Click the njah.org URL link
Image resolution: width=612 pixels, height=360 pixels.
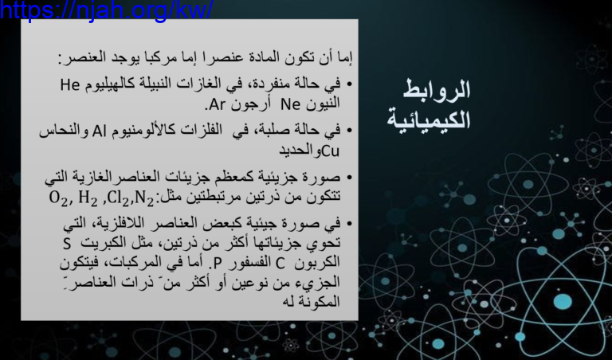click(x=106, y=10)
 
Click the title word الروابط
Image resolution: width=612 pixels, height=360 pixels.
click(x=437, y=90)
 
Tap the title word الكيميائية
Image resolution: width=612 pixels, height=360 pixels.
click(x=429, y=119)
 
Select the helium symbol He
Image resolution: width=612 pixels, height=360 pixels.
click(x=70, y=84)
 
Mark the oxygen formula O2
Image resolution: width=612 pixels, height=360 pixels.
click(x=58, y=198)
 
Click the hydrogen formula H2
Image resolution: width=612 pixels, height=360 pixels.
click(x=88, y=198)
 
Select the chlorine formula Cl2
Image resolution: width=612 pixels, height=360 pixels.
click(x=117, y=198)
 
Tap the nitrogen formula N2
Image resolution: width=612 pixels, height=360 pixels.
click(x=144, y=198)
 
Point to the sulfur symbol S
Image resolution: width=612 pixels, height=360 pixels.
click(x=67, y=244)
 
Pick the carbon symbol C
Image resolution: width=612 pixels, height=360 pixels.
click(x=280, y=264)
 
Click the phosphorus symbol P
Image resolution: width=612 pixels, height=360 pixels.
click(x=217, y=264)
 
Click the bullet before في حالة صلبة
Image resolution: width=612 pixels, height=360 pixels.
click(x=349, y=131)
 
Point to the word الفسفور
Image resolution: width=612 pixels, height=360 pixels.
click(x=249, y=263)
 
